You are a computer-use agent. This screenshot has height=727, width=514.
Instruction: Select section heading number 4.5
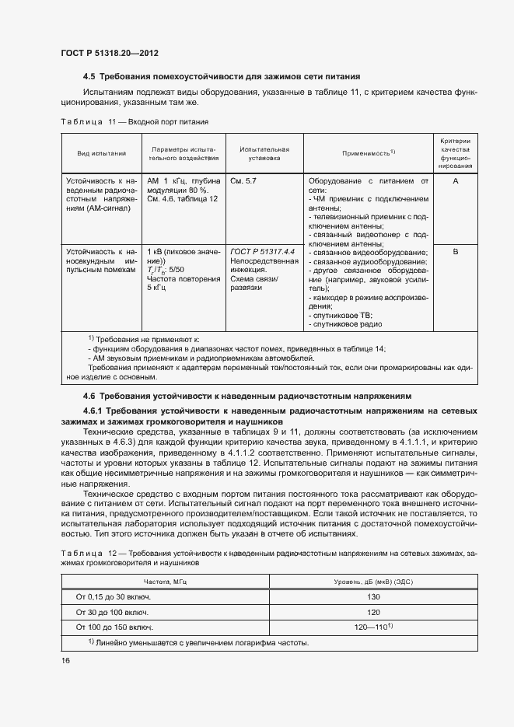pyautogui.click(x=89, y=77)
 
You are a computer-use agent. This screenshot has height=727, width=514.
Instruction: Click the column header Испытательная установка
pyautogui.click(x=264, y=153)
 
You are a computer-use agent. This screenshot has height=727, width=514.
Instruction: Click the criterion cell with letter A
pyautogui.click(x=456, y=180)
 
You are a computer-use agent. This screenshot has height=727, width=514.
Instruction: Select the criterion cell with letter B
pyautogui.click(x=456, y=252)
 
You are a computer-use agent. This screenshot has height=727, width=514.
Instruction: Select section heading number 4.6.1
pyautogui.click(x=95, y=410)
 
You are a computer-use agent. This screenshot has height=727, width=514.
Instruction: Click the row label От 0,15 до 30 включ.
pyautogui.click(x=113, y=596)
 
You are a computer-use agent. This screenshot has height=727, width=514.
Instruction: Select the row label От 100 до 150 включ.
pyautogui.click(x=114, y=627)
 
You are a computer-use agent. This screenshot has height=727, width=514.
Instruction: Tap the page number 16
pyautogui.click(x=65, y=660)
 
